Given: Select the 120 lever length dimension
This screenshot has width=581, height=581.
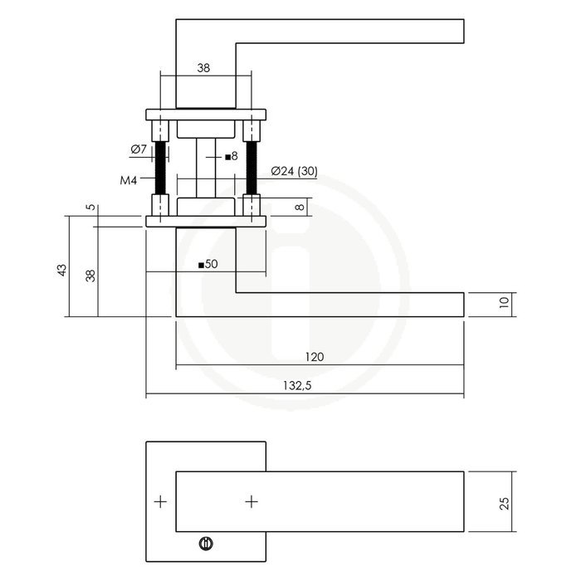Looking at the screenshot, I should point(314,357).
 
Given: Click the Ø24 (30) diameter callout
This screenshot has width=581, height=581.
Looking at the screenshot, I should point(294,172).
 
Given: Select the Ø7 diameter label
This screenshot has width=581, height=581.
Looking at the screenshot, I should point(138,149).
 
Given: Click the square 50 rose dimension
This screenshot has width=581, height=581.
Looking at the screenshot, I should point(207,265).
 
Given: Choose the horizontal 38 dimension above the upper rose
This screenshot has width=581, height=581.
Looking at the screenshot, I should point(203,71).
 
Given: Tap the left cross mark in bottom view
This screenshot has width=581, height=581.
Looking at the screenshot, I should point(160,501).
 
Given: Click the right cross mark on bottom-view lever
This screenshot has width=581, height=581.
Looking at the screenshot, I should point(251,501).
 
